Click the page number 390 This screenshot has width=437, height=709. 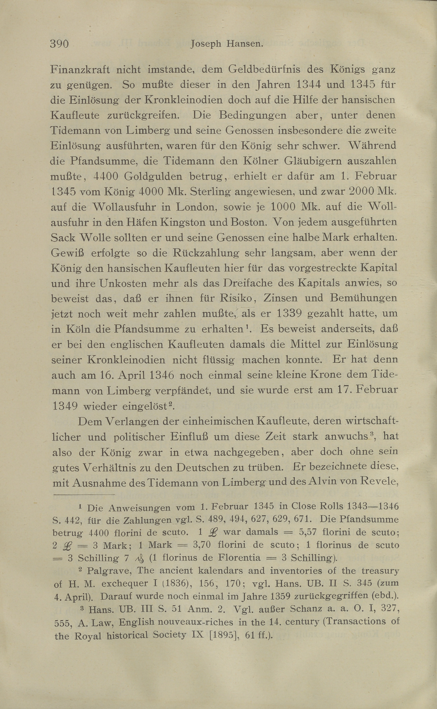[x=59, y=44]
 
